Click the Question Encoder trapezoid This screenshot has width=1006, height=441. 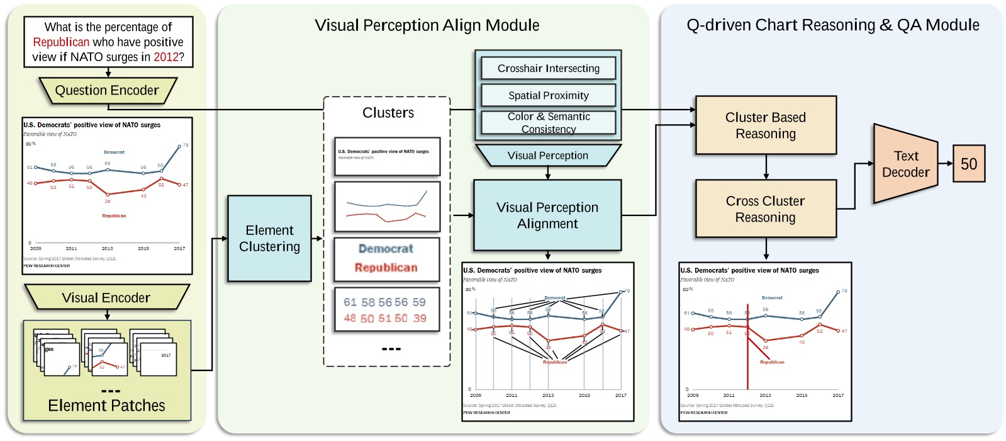coord(107,91)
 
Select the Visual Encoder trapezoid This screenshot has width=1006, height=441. coord(106,297)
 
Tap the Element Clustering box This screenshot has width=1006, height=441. coord(269,238)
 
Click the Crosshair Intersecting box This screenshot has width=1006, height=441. coord(548,68)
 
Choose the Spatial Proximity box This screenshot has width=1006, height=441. coord(548,95)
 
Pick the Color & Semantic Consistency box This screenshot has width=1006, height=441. coord(548,122)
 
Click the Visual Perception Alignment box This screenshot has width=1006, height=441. coord(547,215)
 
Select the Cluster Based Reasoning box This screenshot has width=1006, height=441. coord(766,125)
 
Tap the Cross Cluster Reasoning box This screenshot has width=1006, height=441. coord(766,209)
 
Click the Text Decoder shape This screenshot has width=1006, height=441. coord(905,164)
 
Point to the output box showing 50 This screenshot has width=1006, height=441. coord(968,164)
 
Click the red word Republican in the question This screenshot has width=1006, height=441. coord(61,42)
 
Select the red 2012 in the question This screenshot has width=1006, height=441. coord(166,57)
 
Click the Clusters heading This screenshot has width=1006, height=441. coord(388,113)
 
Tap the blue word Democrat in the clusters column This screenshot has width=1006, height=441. coord(386,249)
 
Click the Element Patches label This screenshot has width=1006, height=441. coord(106,406)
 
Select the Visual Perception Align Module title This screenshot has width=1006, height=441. coord(427,25)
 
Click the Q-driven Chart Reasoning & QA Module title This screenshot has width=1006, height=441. coord(832,25)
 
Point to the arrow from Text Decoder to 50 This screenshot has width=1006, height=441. coord(946,163)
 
